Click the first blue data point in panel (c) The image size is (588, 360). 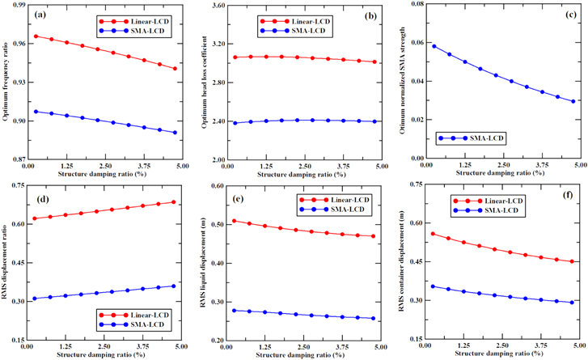pos(434,46)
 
